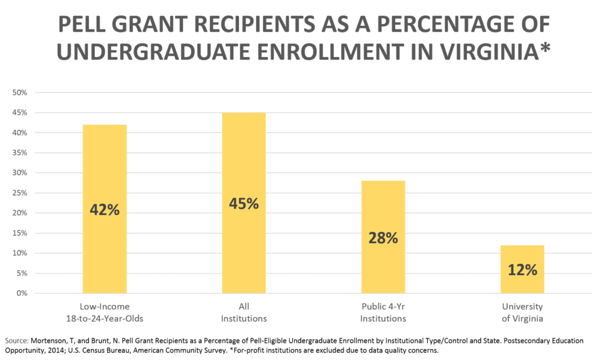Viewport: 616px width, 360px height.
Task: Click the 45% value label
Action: pos(244,203)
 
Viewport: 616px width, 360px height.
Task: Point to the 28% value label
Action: pos(383,238)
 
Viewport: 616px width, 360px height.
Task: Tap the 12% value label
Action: pos(522,270)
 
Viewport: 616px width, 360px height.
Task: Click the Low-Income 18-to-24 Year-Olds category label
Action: pos(105,312)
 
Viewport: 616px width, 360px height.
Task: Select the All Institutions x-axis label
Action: pos(244,312)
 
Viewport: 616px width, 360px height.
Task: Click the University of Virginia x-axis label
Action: pos(522,312)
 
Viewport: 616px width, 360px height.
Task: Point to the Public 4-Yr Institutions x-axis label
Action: pos(383,312)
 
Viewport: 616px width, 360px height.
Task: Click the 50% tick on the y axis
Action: pos(20,92)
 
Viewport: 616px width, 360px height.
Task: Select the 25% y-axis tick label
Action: pos(20,193)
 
